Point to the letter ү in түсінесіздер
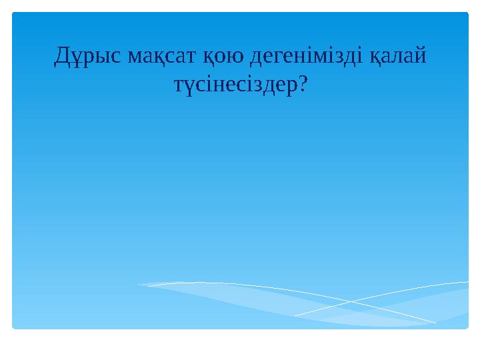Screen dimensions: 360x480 [185, 87]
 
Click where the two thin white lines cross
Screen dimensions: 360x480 [351, 302]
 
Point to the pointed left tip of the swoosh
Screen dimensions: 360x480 [139, 285]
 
